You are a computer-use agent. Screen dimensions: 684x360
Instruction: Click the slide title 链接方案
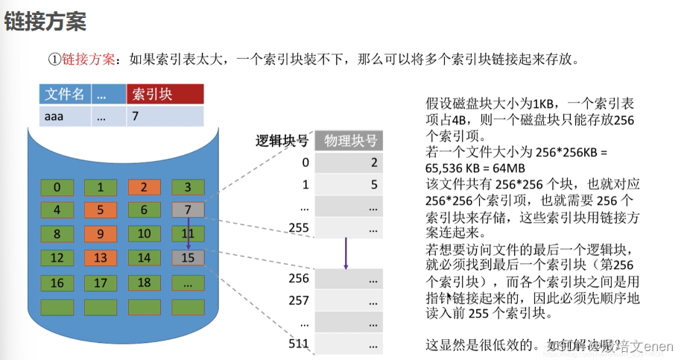[45, 22]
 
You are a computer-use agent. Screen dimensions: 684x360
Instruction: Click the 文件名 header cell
[64, 94]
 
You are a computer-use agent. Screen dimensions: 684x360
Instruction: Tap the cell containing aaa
[64, 116]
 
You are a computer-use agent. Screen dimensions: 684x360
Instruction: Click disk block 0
[57, 187]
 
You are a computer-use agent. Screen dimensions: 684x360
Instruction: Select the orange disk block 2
[145, 187]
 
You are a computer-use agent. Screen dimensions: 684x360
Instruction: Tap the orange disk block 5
[101, 211]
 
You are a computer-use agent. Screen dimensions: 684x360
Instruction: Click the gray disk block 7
[188, 211]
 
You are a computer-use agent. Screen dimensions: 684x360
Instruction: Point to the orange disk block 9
[101, 235]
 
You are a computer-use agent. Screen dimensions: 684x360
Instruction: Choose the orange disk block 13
[101, 259]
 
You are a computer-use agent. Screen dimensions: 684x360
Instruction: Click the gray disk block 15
[188, 259]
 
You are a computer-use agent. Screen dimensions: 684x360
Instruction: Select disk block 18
[145, 283]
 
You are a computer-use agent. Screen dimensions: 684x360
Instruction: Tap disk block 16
[57, 283]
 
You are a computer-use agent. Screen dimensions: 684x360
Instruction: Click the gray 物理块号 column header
[350, 141]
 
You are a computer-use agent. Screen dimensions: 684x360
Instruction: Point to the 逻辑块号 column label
[282, 141]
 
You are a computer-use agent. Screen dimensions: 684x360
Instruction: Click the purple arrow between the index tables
[346, 254]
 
